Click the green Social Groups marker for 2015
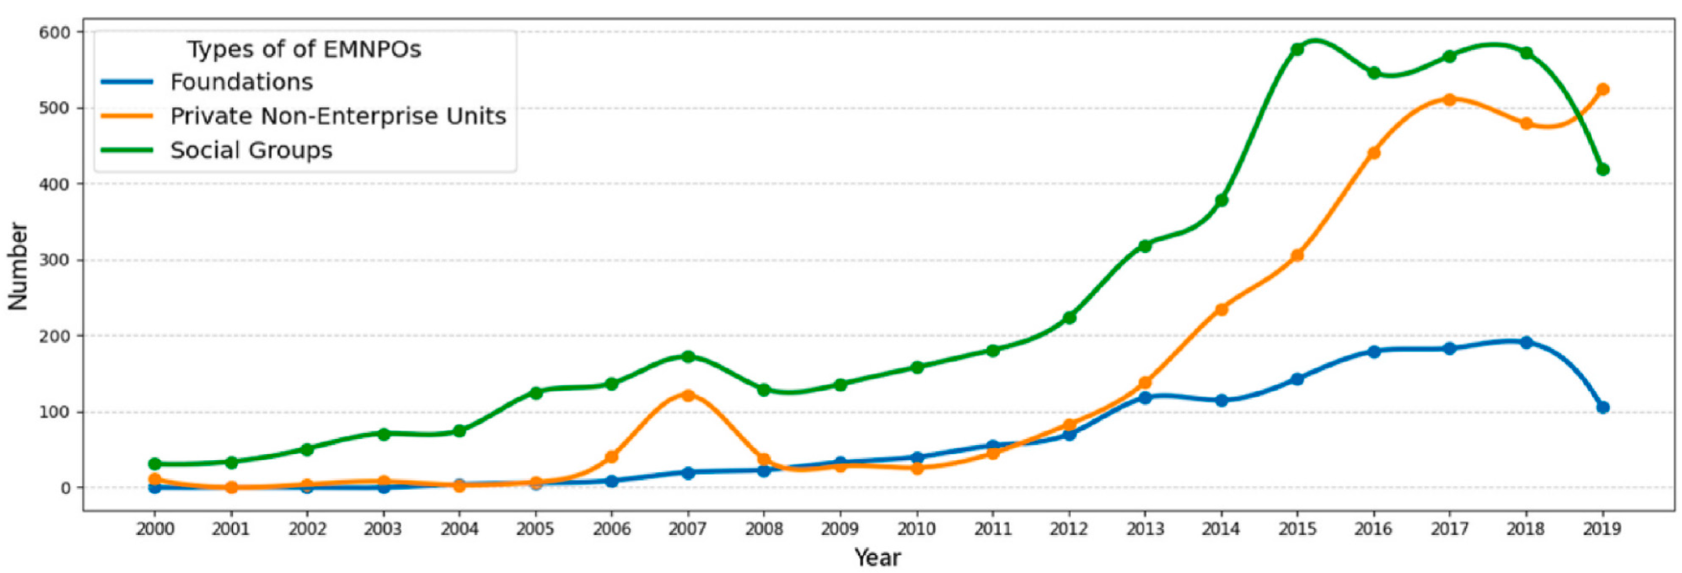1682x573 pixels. coord(1297,49)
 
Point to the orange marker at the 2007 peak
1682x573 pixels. coord(688,395)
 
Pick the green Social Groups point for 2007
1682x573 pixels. coord(688,357)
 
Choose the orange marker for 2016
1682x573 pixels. coord(1373,153)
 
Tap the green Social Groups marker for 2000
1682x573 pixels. coord(155,464)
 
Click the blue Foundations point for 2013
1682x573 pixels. coord(1145,397)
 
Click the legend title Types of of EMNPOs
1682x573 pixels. coord(304,49)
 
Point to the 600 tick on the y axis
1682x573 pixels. coord(54,32)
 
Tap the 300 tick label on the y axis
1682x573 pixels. coord(54,260)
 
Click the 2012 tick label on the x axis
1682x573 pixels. coord(1068,529)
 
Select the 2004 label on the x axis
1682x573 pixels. coord(459,529)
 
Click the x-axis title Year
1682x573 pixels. coord(878,558)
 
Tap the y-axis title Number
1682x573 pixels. coord(18,266)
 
